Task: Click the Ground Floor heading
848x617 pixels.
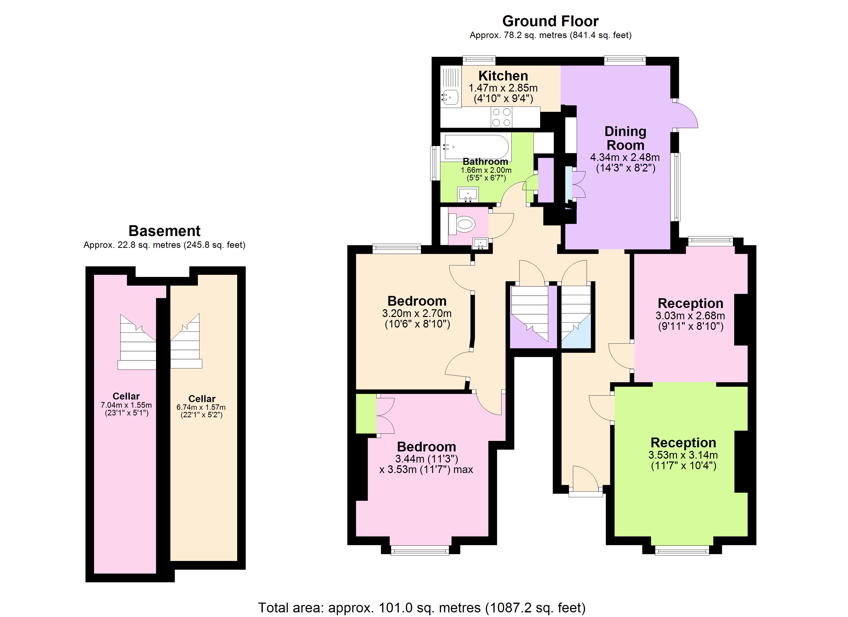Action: click(x=550, y=21)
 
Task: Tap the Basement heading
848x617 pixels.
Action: click(x=164, y=231)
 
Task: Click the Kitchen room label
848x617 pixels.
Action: click(x=503, y=76)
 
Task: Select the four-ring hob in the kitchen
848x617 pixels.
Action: click(x=501, y=117)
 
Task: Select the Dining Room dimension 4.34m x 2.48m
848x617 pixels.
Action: click(x=624, y=158)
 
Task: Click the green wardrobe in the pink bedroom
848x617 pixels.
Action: click(x=366, y=413)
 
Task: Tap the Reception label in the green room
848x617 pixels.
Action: click(x=683, y=443)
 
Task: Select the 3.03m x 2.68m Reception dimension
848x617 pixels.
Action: click(x=690, y=315)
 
